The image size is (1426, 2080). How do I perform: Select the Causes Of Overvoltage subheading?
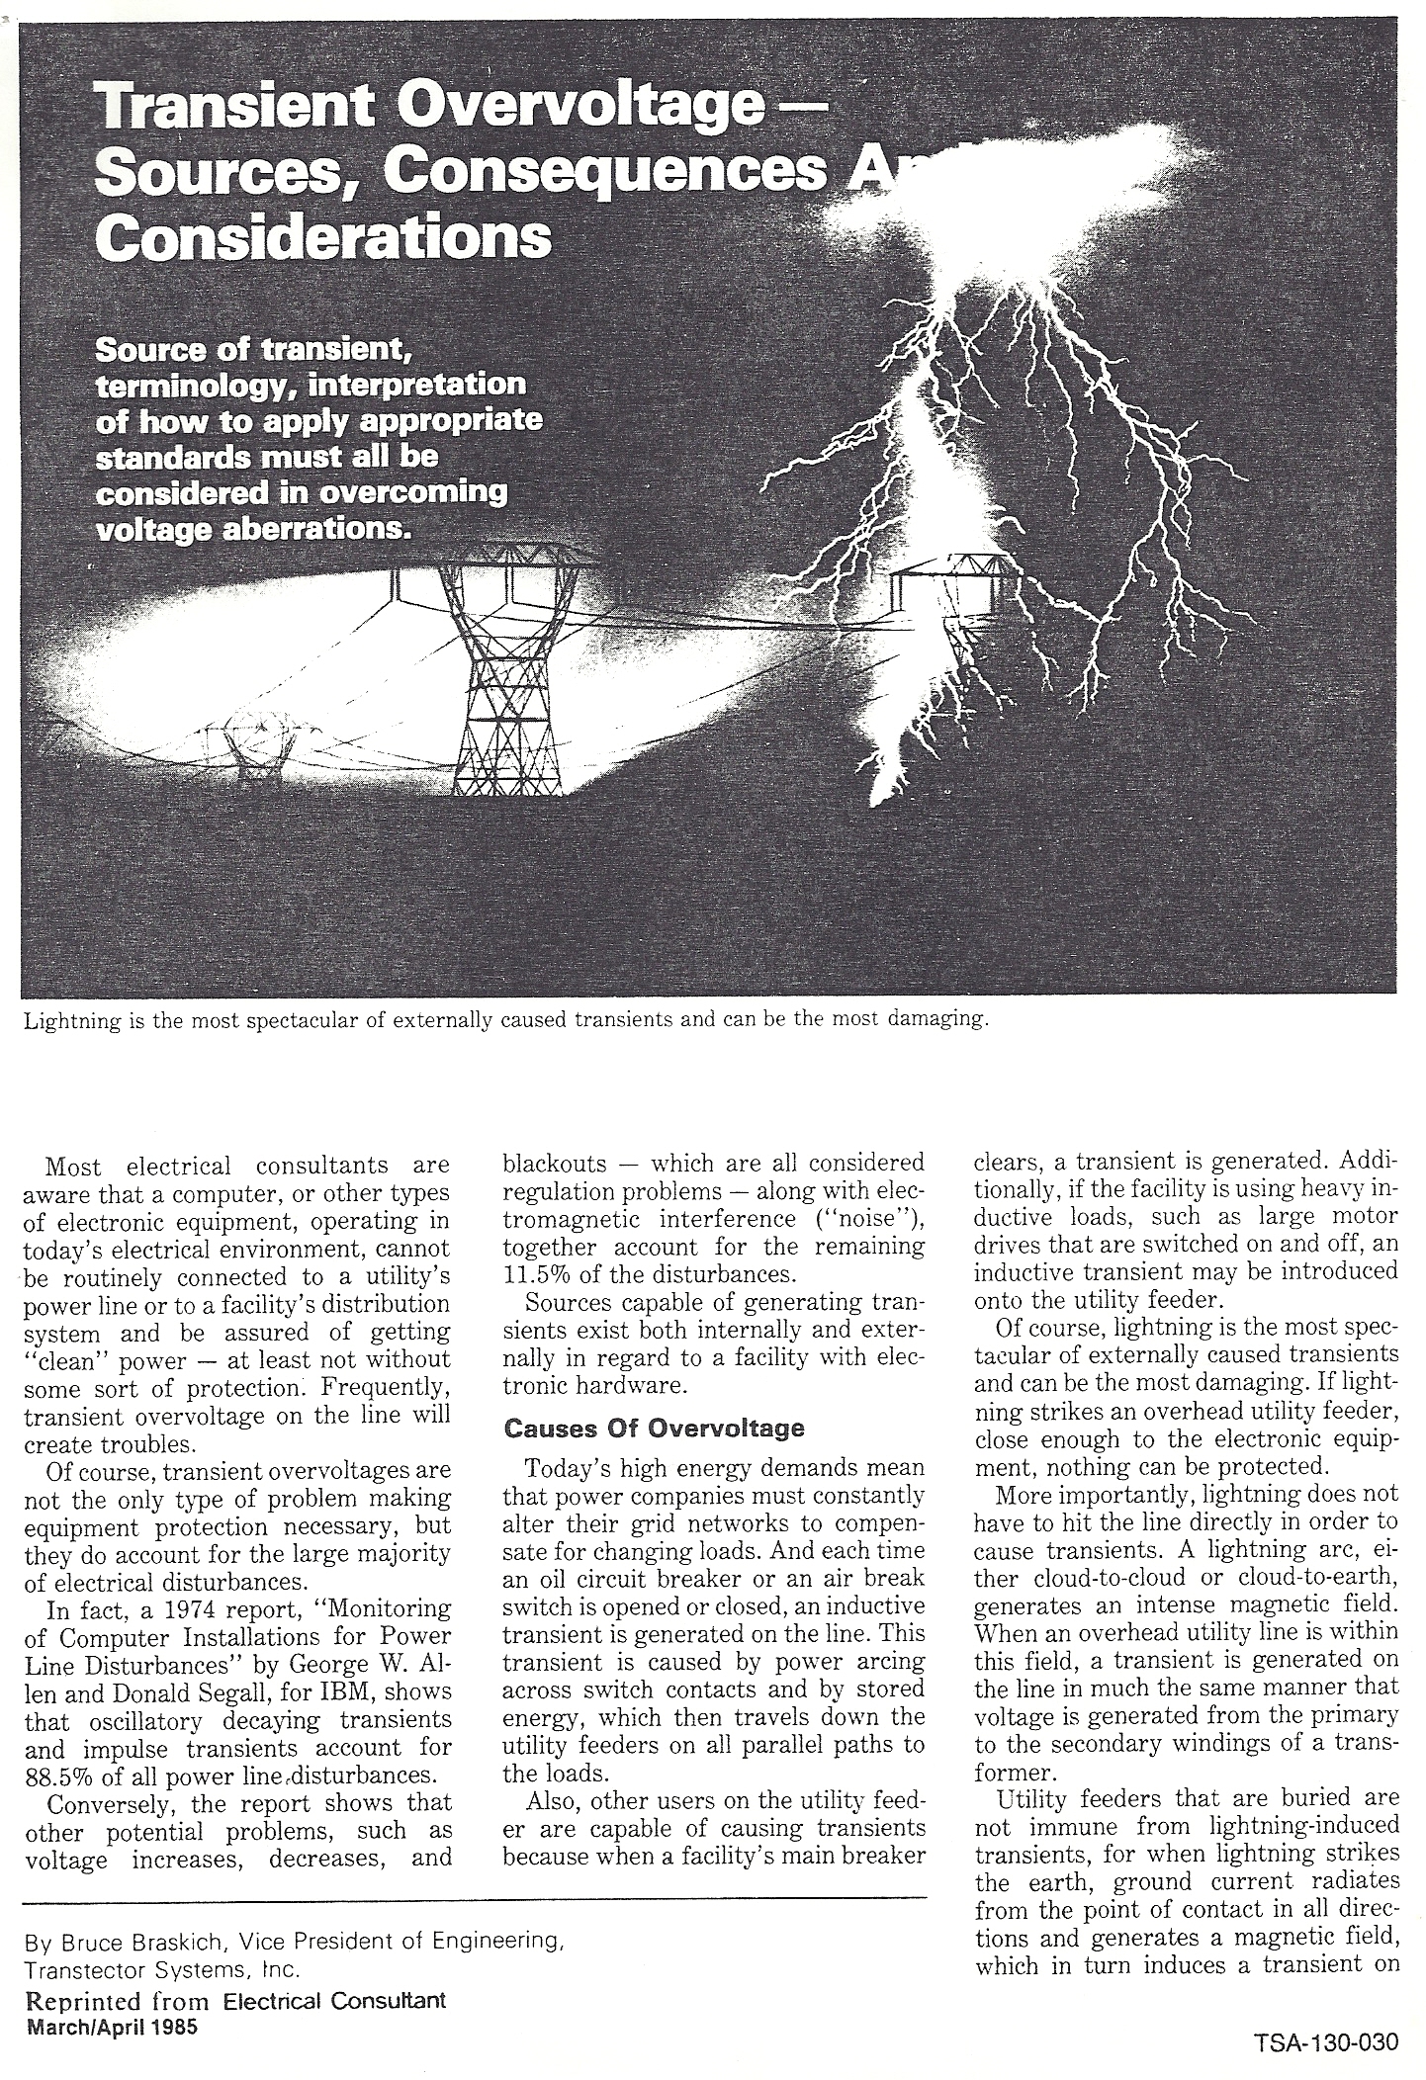(654, 1428)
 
